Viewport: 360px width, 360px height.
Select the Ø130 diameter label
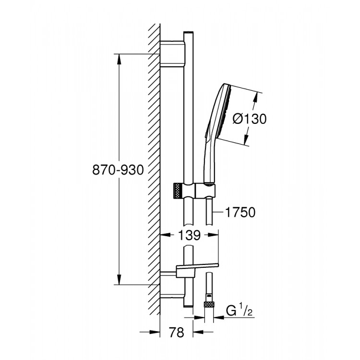coord(249,118)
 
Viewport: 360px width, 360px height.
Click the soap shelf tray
coord(198,266)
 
